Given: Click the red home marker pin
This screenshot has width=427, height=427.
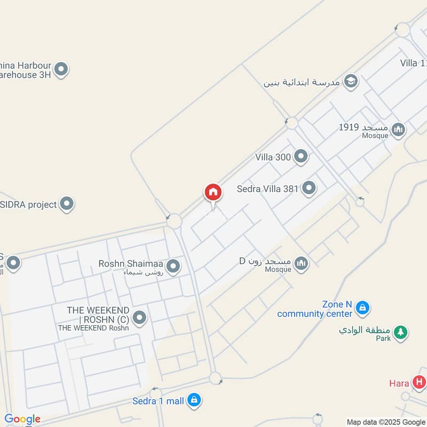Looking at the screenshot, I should [212, 193].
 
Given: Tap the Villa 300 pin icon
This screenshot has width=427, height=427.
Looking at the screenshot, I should [301, 156].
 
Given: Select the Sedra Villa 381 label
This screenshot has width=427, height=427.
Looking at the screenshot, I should [267, 188].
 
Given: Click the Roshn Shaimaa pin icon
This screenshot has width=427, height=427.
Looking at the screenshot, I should [173, 265].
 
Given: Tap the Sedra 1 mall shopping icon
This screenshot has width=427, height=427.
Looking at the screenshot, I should [194, 400].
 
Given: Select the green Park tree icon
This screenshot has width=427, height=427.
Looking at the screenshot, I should [401, 332].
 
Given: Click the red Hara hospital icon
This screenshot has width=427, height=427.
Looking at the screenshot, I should [420, 382].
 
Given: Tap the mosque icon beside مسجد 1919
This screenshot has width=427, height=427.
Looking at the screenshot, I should [398, 129].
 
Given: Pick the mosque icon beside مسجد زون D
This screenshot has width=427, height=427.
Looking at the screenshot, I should [302, 263].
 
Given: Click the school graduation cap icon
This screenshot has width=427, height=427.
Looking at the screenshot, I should [351, 81].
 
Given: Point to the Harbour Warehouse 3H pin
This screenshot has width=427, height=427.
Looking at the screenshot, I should [61, 69].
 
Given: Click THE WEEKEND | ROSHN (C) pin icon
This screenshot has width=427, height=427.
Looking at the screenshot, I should [140, 318].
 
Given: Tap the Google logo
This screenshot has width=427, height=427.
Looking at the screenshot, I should [22, 420].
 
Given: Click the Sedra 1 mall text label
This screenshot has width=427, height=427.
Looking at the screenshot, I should [158, 401].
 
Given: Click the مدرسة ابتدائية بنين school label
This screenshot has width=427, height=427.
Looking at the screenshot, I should [302, 83].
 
